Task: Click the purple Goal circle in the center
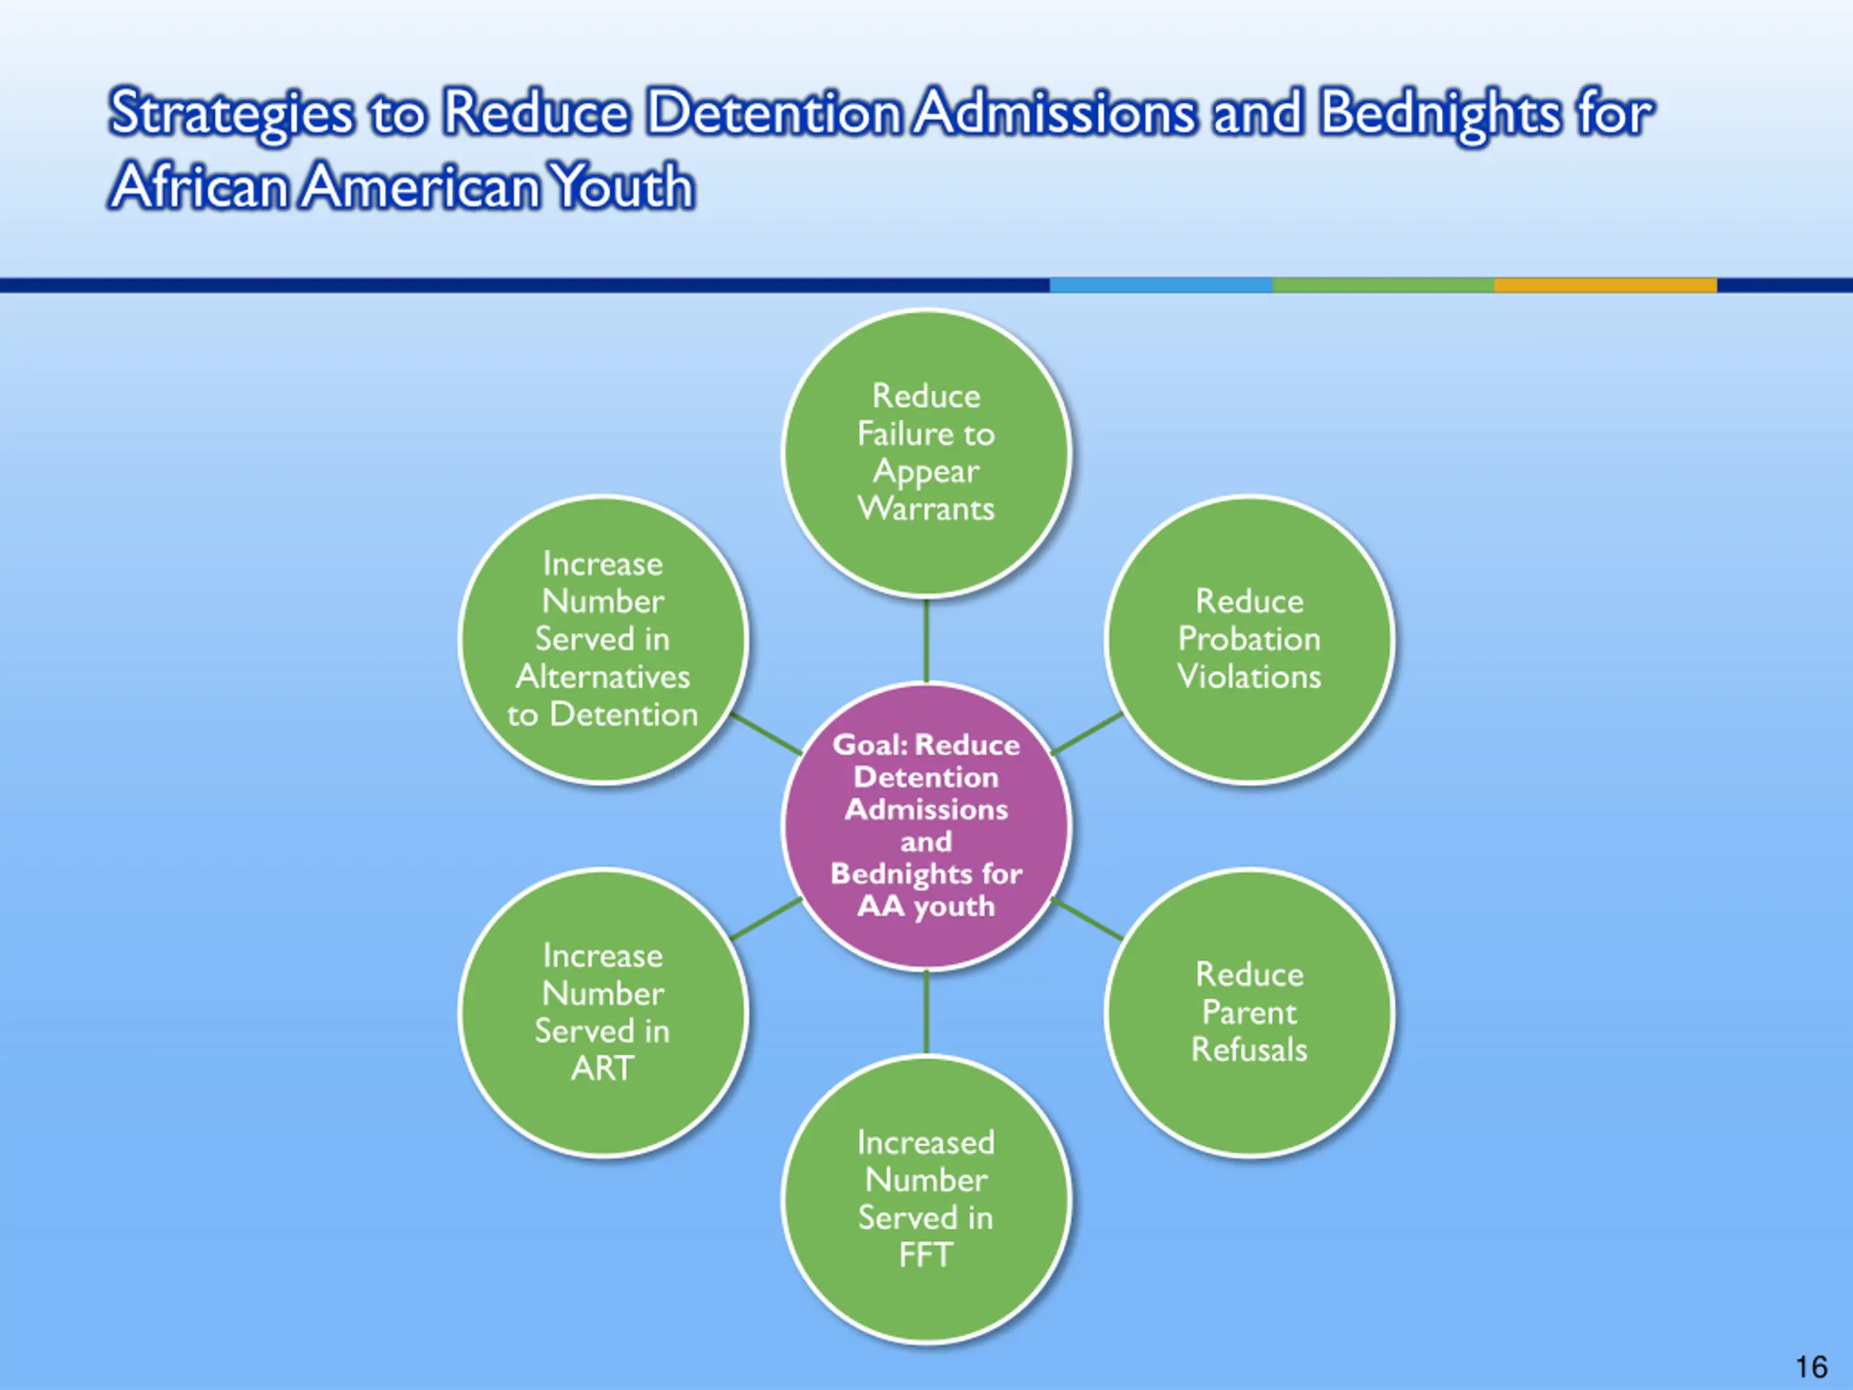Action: coord(926,825)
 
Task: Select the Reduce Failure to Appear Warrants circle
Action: coord(926,452)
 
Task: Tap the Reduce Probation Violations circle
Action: coord(1249,639)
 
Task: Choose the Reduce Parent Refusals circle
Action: coord(1249,1012)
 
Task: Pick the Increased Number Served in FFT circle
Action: coord(926,1198)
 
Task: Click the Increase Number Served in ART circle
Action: coord(602,1012)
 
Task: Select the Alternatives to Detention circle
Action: coord(602,639)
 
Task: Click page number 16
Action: coord(1811,1368)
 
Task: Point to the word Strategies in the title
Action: coord(231,113)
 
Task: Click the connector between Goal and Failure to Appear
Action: coord(926,641)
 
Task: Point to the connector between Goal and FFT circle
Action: coord(926,1011)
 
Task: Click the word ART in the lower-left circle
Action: coord(602,1069)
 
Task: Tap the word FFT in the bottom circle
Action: coord(926,1255)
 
